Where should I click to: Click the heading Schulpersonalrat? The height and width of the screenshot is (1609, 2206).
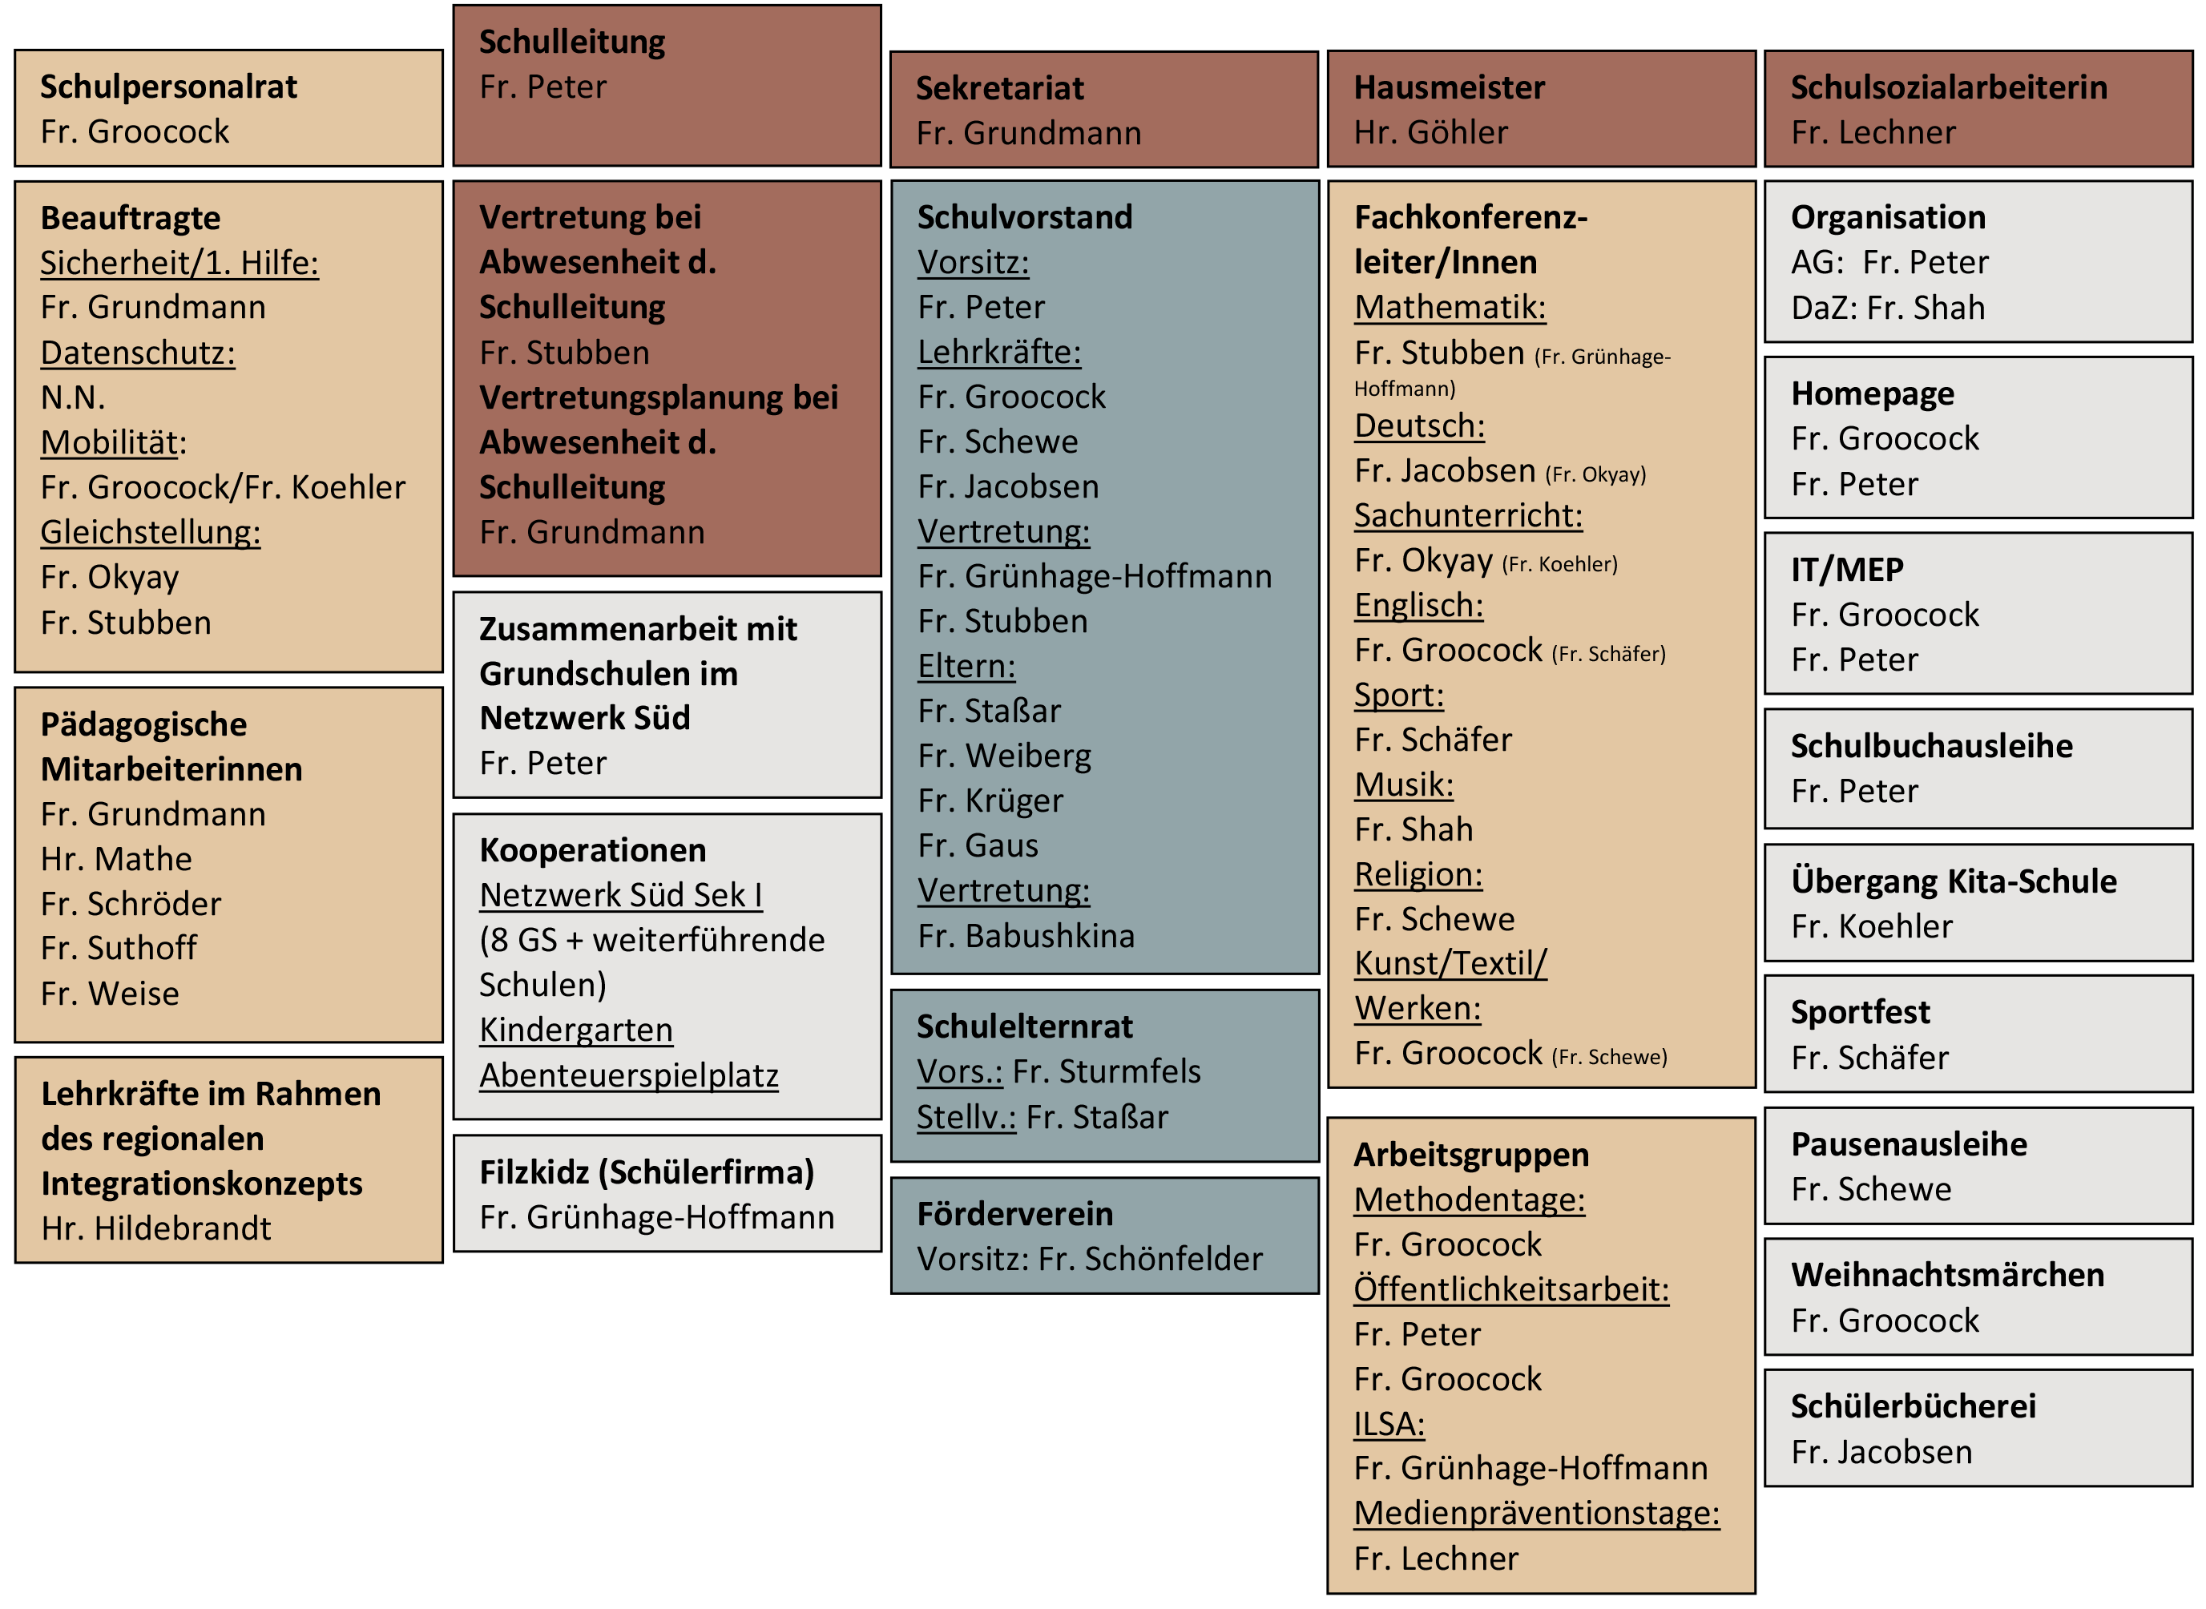(x=168, y=87)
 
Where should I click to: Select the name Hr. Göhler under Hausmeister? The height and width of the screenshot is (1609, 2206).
(x=1430, y=131)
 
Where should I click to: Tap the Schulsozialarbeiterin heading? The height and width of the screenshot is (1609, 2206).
(x=1948, y=87)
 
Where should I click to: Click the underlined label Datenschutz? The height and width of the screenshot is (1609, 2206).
(x=137, y=352)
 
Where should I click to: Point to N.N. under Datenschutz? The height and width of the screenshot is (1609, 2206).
(x=72, y=397)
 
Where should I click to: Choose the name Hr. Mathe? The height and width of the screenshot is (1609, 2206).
(x=116, y=858)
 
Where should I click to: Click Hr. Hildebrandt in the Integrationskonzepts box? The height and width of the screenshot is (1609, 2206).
(x=155, y=1228)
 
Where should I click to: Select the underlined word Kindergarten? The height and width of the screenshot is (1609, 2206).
(x=575, y=1029)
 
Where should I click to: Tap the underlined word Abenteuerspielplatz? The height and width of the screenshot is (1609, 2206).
(x=628, y=1075)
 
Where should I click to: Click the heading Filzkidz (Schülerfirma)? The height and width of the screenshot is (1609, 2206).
(x=646, y=1171)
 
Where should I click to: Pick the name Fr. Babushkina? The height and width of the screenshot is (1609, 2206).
(x=1026, y=935)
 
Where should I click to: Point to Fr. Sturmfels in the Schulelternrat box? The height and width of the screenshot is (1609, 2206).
(x=1107, y=1071)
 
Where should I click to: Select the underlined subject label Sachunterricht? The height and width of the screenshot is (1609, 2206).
(x=1468, y=514)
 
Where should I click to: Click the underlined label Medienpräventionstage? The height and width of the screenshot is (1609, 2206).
(x=1536, y=1513)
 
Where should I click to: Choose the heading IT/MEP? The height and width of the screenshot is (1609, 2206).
(x=1846, y=569)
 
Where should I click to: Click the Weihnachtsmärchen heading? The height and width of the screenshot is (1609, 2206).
(x=1947, y=1274)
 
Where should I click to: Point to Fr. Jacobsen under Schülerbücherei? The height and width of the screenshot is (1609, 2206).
(x=1881, y=1451)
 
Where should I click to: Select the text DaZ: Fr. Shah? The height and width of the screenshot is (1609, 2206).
(x=1886, y=307)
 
